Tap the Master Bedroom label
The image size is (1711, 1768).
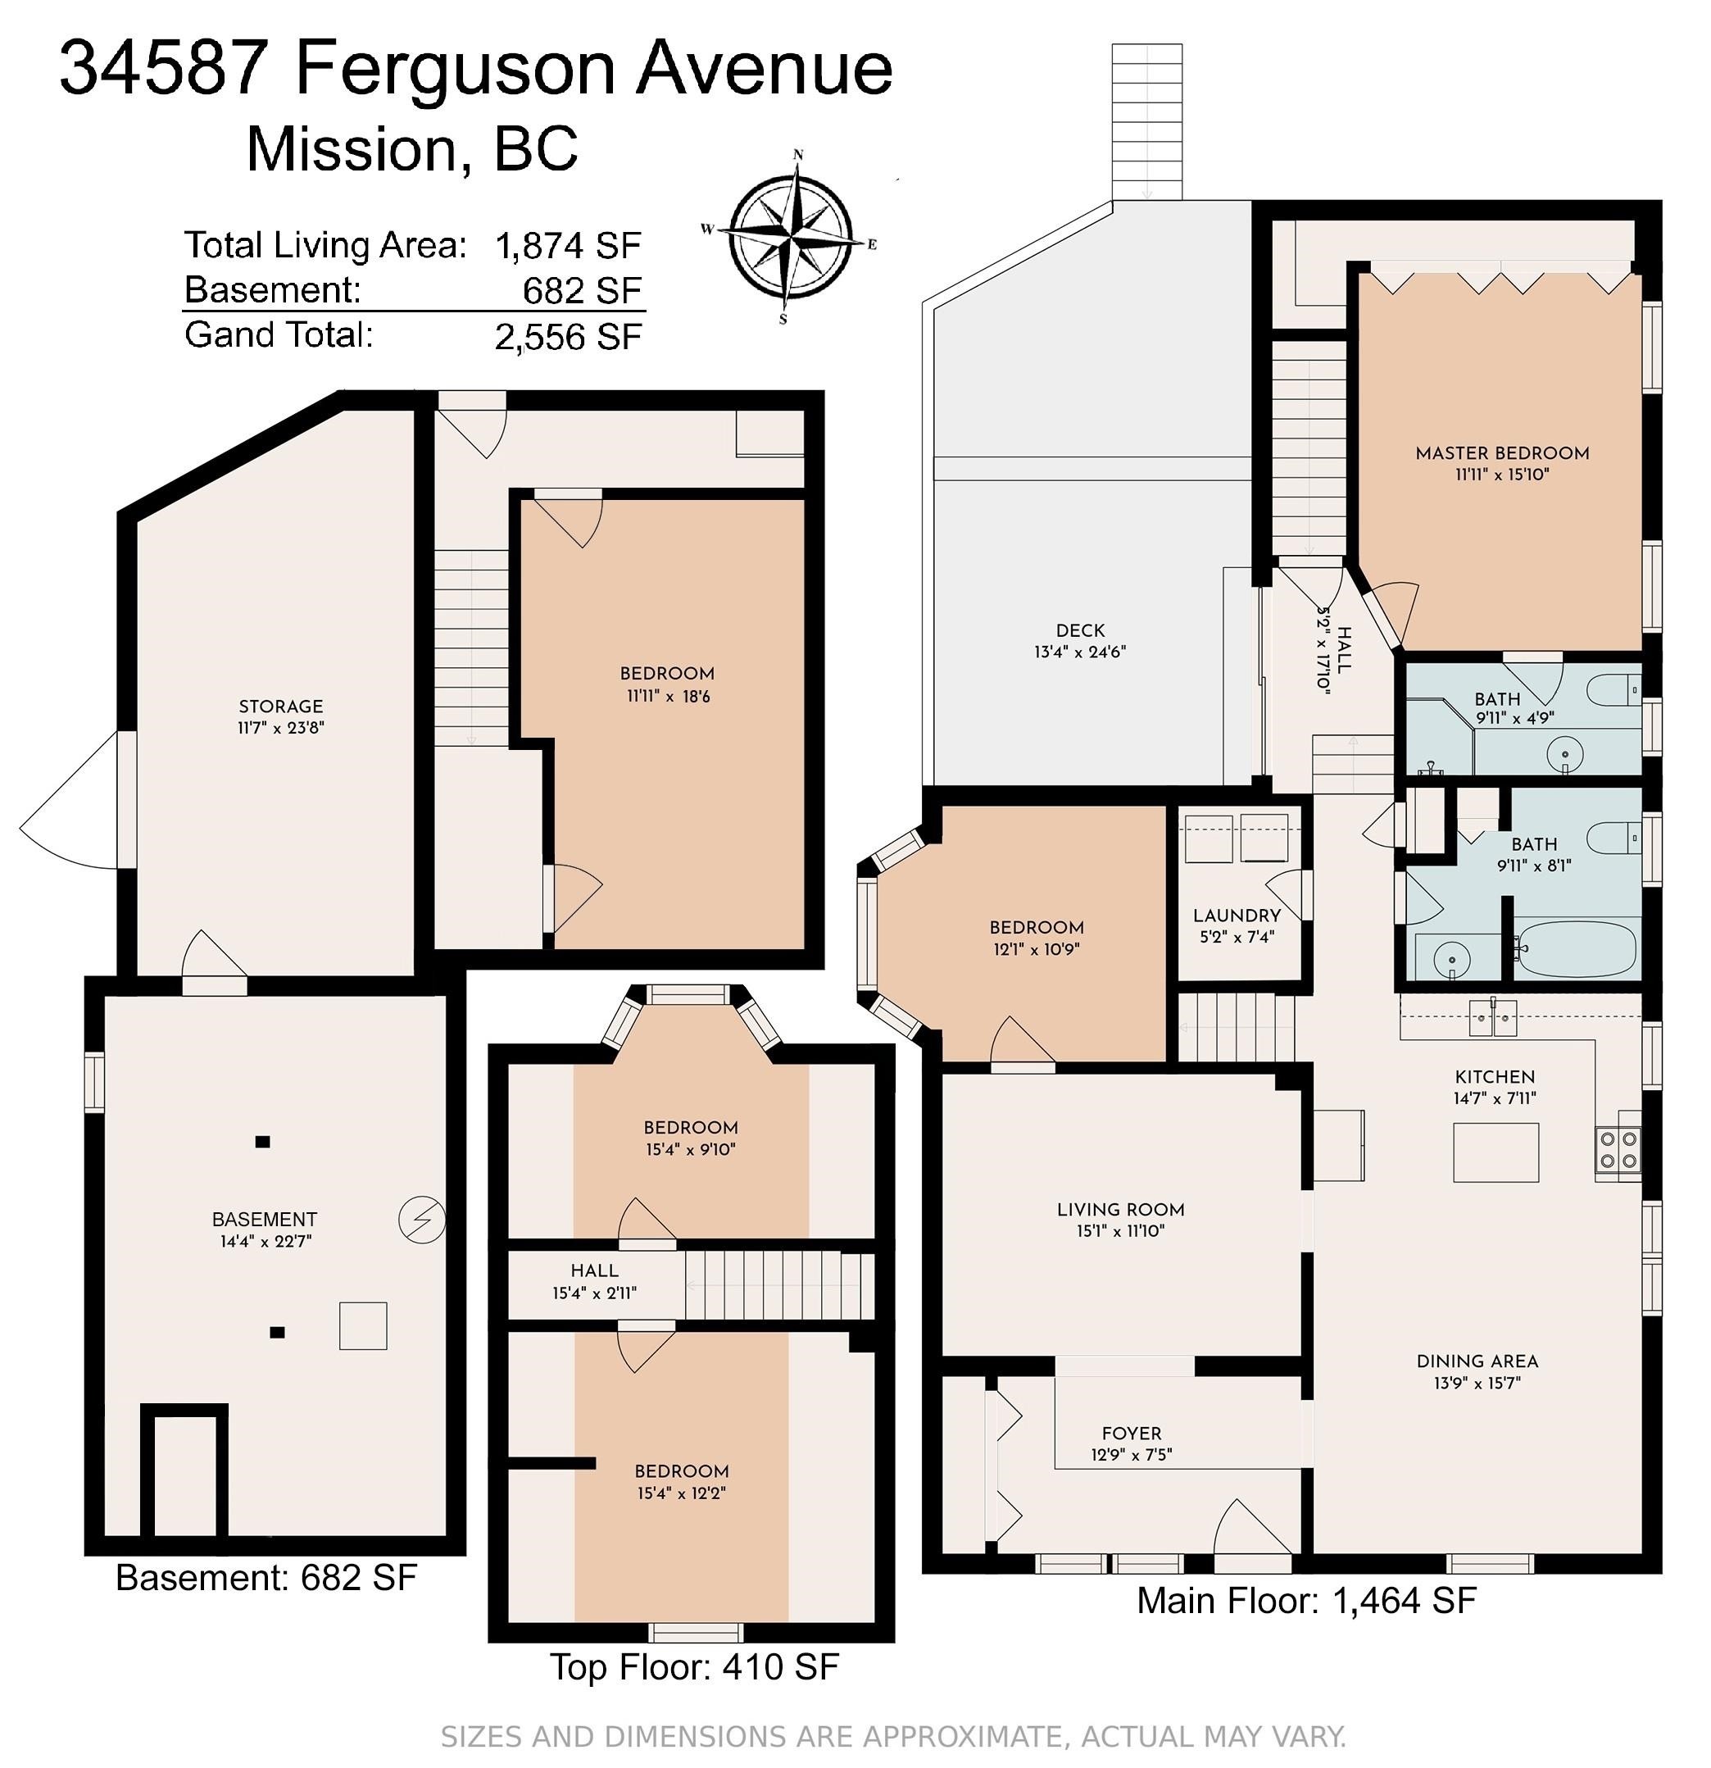pos(1502,452)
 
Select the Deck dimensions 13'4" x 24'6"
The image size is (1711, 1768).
pos(1080,652)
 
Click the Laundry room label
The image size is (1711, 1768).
pos(1237,915)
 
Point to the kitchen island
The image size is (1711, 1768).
pos(1495,1152)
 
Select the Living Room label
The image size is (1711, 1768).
pos(1120,1209)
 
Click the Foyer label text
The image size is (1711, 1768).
pos(1131,1433)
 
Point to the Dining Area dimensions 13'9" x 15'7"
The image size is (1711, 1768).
pos(1477,1382)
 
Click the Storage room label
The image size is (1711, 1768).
pos(280,707)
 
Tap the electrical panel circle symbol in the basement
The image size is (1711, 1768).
pos(422,1220)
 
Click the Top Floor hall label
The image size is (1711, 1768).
pos(594,1270)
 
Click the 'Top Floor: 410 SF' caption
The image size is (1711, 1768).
pos(695,1691)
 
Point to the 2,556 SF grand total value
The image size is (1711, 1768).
pos(568,336)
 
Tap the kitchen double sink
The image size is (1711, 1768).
pos(1493,1017)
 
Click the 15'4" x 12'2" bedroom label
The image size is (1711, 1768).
pos(681,1471)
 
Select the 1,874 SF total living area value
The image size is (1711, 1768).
pos(568,244)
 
